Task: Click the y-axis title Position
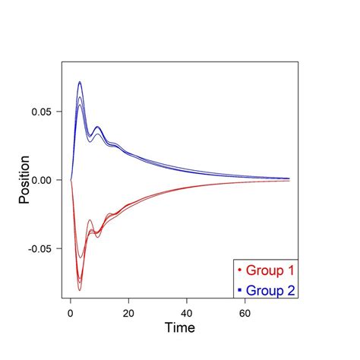pyautogui.click(x=25, y=179)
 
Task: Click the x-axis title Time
pyautogui.click(x=180, y=329)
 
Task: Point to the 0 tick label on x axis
pyautogui.click(x=71, y=311)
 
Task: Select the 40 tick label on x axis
pyautogui.click(x=187, y=311)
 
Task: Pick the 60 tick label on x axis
pyautogui.click(x=245, y=311)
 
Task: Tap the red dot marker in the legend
pyautogui.click(x=240, y=270)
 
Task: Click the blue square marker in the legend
pyautogui.click(x=240, y=289)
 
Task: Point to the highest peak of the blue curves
pyautogui.click(x=79, y=82)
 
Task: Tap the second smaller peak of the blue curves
pyautogui.click(x=97, y=127)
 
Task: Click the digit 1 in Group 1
pyautogui.click(x=291, y=270)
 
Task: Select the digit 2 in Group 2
pyautogui.click(x=291, y=289)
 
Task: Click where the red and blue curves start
pyautogui.click(x=71, y=180)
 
